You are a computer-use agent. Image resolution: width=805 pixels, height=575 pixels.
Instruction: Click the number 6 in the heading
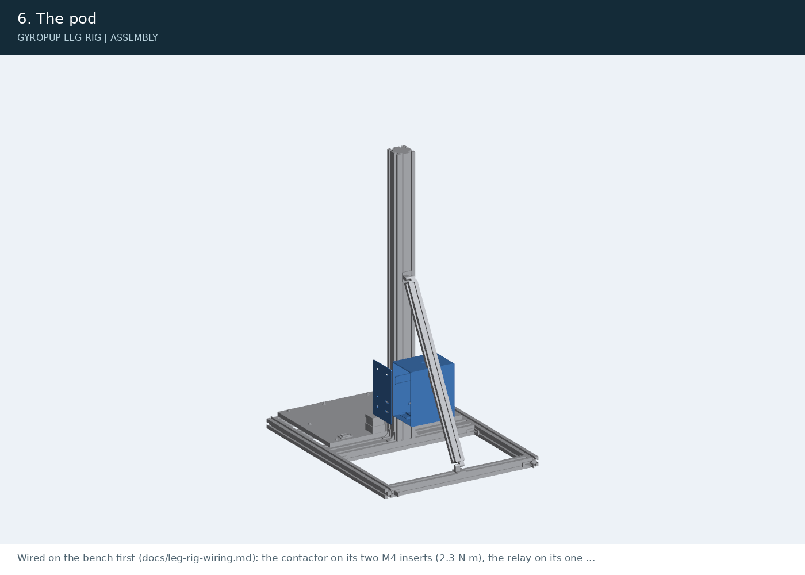(x=22, y=18)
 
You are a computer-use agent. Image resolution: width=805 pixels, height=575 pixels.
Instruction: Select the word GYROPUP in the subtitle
(x=39, y=38)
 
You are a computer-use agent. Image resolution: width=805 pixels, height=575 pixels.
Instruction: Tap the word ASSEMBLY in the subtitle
(x=134, y=38)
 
